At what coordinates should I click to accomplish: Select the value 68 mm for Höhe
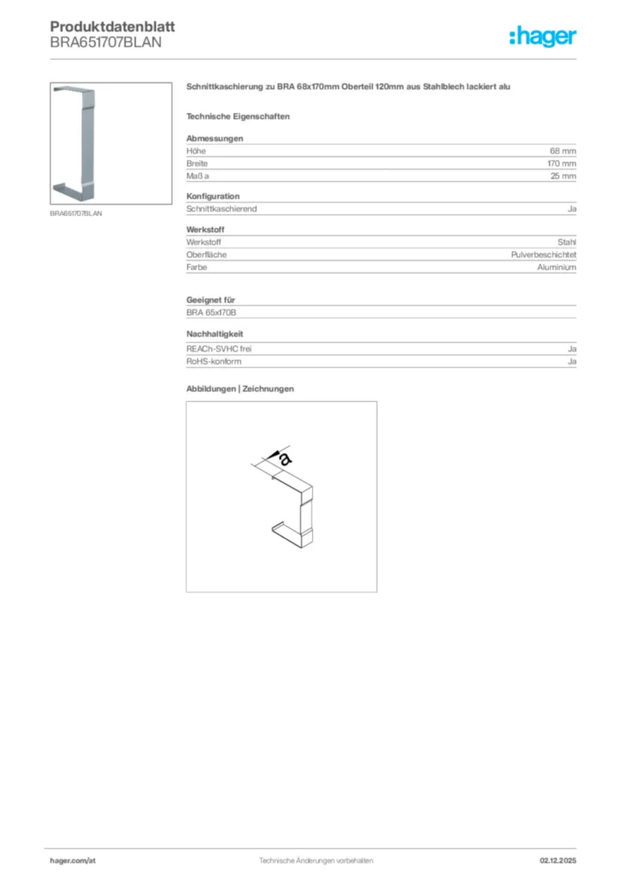[563, 150]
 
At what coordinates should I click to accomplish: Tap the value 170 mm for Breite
[562, 163]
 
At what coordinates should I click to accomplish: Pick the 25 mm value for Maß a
[563, 176]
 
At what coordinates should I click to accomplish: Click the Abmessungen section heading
[214, 138]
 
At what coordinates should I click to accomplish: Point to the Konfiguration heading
[213, 196]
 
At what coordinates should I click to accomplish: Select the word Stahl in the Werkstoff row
[566, 242]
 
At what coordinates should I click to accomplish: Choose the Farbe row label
[196, 268]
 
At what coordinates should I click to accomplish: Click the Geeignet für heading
[211, 300]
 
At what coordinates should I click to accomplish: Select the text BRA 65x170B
[211, 313]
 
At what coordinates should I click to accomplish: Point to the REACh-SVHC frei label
[219, 349]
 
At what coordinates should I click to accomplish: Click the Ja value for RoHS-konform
[571, 362]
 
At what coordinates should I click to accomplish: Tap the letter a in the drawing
[286, 460]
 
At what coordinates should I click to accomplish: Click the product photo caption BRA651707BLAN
[75, 213]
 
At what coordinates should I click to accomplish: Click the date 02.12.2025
[558, 860]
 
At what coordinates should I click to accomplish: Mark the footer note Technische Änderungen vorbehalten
[310, 860]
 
